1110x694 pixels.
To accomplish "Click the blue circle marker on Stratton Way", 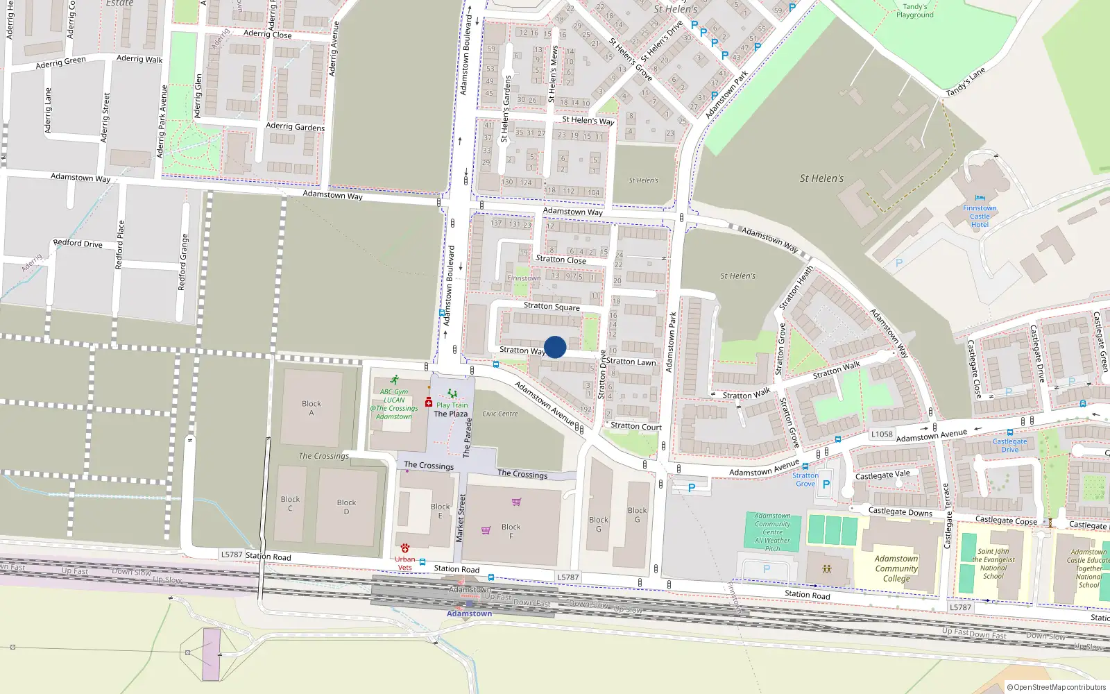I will [x=555, y=347].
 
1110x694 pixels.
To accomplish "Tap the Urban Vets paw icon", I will [x=405, y=548].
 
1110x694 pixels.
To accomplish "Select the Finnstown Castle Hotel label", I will [x=980, y=217].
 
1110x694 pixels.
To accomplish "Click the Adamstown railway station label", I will [x=469, y=613].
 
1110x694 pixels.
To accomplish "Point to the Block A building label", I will [x=311, y=408].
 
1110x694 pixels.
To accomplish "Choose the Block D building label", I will [x=346, y=507].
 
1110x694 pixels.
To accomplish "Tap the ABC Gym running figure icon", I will [x=394, y=380].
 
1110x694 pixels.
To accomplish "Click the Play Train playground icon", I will [x=452, y=394].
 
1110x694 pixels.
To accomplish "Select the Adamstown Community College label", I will [x=896, y=568].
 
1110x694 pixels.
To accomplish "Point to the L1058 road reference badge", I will [x=882, y=434].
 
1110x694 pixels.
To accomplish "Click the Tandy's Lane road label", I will [x=965, y=83].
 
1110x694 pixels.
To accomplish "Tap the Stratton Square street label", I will [x=552, y=306].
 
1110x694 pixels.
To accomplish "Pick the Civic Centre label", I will [x=499, y=414].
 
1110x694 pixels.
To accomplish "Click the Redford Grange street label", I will [x=183, y=262].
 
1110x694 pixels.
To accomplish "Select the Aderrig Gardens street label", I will [x=295, y=126].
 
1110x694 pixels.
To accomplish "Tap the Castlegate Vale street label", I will [x=882, y=475].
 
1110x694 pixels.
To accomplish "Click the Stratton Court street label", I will [x=635, y=426].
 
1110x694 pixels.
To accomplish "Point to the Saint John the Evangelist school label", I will [x=993, y=564].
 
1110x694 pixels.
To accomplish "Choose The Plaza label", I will [x=450, y=414].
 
